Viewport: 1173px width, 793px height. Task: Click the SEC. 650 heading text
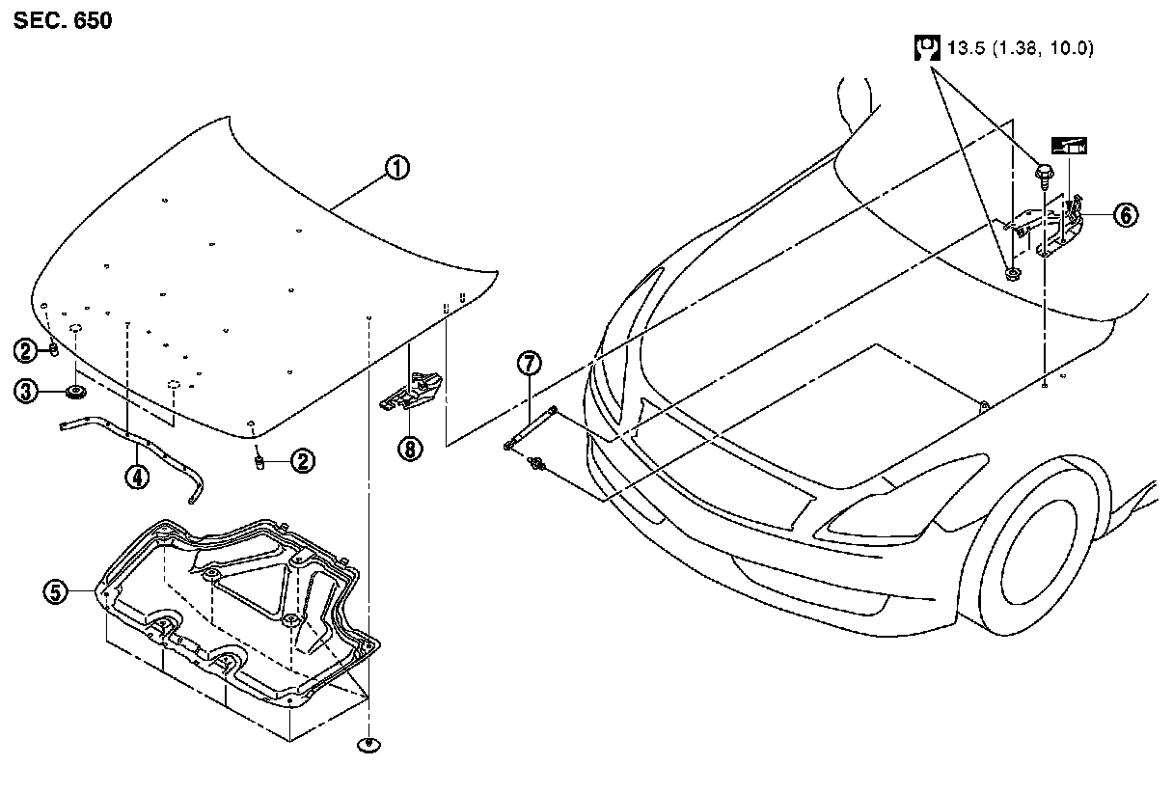click(x=63, y=20)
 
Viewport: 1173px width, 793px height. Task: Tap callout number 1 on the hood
click(x=396, y=168)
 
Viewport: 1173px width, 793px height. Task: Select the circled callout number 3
click(x=26, y=391)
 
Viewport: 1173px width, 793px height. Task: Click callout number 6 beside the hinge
click(x=1125, y=215)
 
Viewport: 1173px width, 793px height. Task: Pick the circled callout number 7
click(x=529, y=364)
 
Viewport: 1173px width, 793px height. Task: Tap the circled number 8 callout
click(x=412, y=449)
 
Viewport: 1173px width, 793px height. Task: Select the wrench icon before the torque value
click(x=926, y=48)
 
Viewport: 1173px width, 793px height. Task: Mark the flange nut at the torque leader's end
click(x=1011, y=275)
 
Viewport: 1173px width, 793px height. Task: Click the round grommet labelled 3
click(x=74, y=392)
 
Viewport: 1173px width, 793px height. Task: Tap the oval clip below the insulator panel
click(x=368, y=744)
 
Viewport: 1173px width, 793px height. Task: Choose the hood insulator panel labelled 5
click(x=241, y=617)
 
